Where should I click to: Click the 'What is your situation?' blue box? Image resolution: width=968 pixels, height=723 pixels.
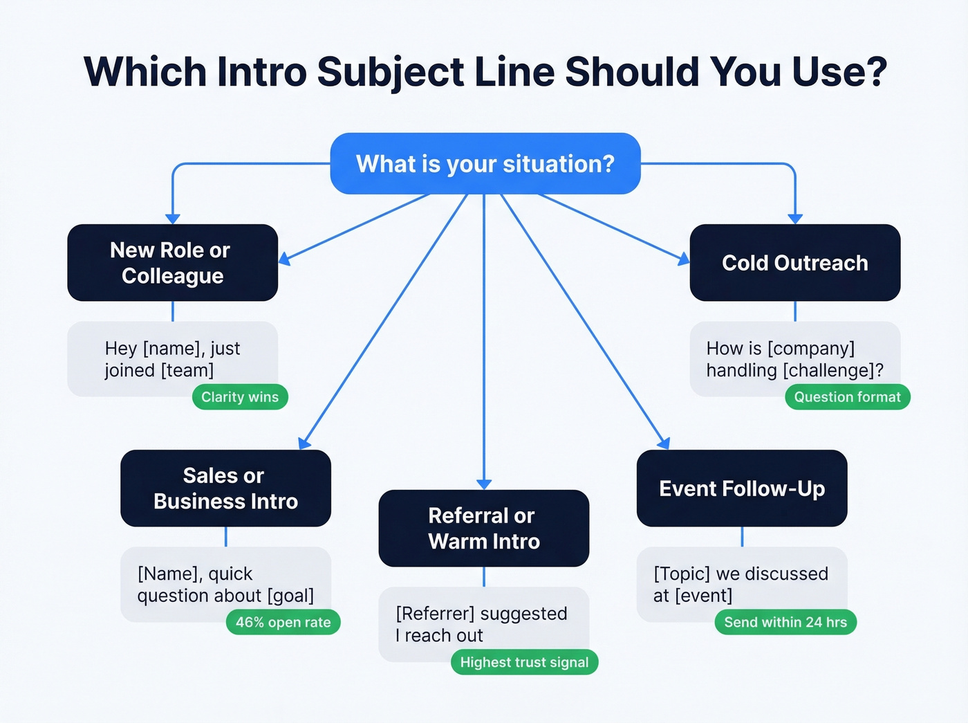coord(485,164)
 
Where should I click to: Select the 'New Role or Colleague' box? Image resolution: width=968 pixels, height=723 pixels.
coord(172,263)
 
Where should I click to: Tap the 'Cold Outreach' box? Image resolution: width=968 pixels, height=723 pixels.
coord(794,263)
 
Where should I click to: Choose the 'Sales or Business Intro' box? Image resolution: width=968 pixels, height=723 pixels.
coord(225,488)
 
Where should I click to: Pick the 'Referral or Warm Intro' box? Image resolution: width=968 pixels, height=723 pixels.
coord(483,529)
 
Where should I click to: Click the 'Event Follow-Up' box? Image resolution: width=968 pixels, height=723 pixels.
coord(741,488)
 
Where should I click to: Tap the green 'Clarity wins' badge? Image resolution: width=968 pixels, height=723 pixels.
coord(239,397)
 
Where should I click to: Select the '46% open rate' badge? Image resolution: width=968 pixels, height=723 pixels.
coord(283,622)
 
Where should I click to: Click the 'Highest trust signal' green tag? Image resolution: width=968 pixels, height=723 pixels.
coord(524,662)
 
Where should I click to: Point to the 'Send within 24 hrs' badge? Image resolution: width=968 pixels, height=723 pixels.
coord(785,622)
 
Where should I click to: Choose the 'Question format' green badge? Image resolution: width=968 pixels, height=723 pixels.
coord(847,397)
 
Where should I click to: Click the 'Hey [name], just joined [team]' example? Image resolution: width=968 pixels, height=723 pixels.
coord(172,359)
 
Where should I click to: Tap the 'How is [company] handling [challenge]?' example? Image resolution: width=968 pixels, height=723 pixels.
coord(794,359)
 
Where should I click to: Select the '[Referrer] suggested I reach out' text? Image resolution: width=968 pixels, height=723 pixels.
coord(482,624)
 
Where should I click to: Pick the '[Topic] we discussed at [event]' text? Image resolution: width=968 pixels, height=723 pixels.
coord(741,585)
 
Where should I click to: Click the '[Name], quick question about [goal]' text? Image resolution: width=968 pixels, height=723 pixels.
coord(225,585)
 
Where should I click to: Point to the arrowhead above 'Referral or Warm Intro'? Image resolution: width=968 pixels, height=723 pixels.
coord(484,484)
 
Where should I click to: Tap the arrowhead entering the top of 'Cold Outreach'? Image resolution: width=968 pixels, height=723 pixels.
coord(795,219)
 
